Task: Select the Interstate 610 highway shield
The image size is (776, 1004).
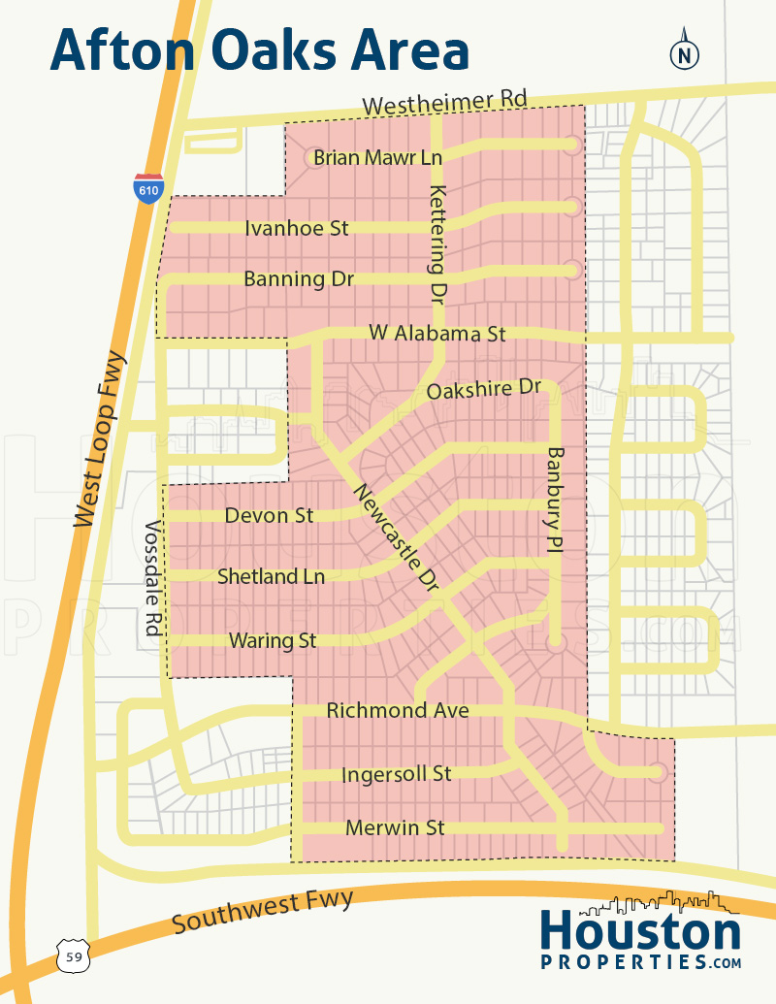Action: [x=148, y=189]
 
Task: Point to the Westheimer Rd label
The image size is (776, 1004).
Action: [x=444, y=103]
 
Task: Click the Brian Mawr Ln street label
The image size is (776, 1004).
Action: [x=377, y=157]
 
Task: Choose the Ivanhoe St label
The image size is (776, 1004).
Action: [x=296, y=229]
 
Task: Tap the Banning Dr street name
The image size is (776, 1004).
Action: [x=298, y=279]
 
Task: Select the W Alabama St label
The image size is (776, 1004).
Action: [x=437, y=334]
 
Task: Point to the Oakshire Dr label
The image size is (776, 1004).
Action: [x=484, y=389]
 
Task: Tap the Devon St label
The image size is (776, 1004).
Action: [x=269, y=515]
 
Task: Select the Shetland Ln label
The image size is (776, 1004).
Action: [x=271, y=576]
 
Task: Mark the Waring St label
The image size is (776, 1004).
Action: [x=273, y=640]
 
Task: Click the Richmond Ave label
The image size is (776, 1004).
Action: [x=398, y=711]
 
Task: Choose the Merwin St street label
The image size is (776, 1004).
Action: [x=395, y=827]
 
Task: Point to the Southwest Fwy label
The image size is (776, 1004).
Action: [x=263, y=911]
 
